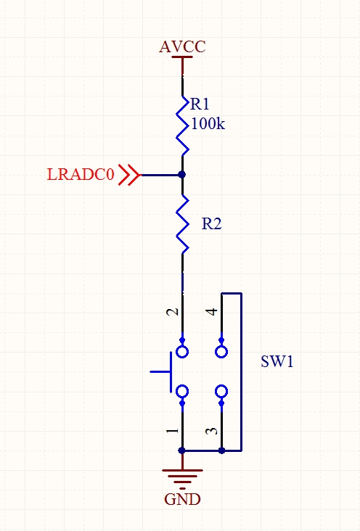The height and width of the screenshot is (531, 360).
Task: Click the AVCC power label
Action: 182,46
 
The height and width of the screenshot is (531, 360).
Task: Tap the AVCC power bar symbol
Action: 182,58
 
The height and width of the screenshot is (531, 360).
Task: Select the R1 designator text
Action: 200,104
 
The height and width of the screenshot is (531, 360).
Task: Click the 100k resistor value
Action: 208,124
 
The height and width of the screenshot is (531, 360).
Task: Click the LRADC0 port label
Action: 80,175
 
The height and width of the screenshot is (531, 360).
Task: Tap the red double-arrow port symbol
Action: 129,175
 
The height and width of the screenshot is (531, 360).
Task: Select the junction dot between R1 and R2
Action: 182,175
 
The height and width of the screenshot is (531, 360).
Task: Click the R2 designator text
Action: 211,224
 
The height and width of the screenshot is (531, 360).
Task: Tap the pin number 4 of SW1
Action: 211,312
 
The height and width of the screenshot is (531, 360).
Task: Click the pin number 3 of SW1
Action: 211,431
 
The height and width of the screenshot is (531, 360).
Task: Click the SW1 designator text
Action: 277,361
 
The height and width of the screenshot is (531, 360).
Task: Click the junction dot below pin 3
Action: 221,450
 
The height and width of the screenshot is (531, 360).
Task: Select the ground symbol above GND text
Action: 182,476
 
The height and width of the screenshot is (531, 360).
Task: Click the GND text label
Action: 182,500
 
